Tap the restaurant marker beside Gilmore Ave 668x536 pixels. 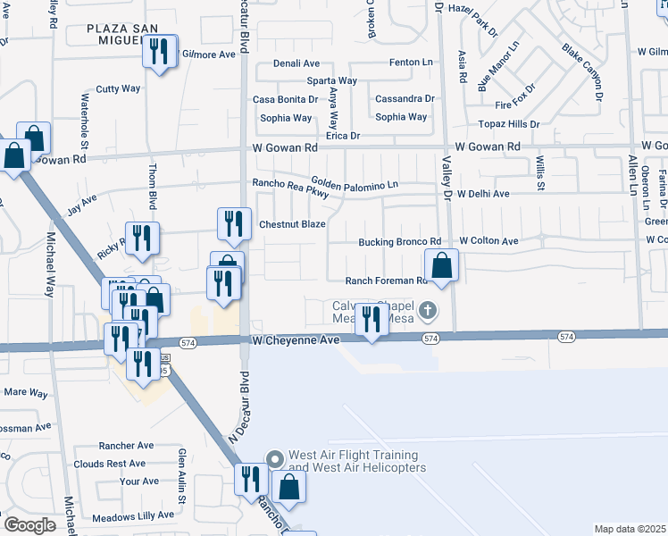(x=160, y=53)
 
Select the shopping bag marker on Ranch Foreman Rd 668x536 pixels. (x=442, y=265)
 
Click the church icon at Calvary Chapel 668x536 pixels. (x=428, y=311)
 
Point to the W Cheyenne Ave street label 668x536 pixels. (x=296, y=340)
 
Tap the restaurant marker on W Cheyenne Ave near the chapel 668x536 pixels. (x=371, y=320)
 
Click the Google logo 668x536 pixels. (x=29, y=524)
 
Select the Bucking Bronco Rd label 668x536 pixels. (x=400, y=241)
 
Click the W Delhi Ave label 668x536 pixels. (x=483, y=193)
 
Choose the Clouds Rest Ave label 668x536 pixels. (x=110, y=464)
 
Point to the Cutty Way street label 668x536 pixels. (x=119, y=88)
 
